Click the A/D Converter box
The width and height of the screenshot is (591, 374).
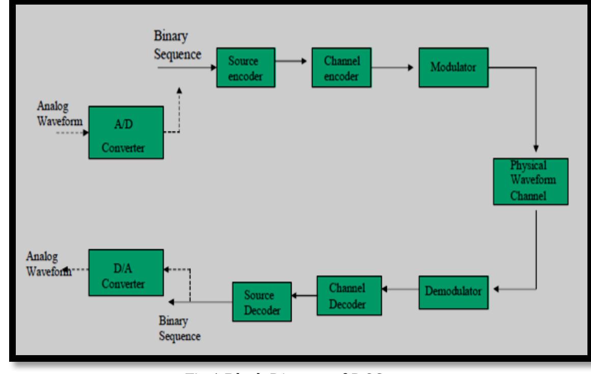pos(126,132)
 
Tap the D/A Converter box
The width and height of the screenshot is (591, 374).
pos(126,273)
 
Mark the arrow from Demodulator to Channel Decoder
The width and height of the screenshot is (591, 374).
pos(400,289)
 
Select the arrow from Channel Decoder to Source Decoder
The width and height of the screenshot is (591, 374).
pos(303,294)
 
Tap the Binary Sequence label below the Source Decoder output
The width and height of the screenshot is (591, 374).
pos(174,329)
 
